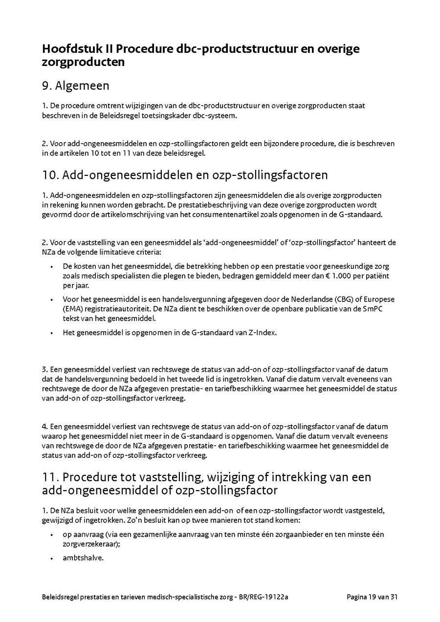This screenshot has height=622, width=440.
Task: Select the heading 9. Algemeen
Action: [75, 86]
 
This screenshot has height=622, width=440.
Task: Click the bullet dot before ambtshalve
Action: [52, 558]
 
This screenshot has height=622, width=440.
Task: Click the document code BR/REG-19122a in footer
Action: [264, 597]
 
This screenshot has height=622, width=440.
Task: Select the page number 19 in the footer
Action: [372, 597]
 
